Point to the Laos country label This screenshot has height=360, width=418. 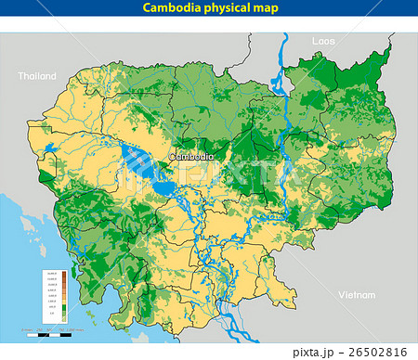point(323,42)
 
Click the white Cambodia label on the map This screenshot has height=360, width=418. point(191,157)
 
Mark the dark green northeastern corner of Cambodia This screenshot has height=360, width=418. point(376,70)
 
